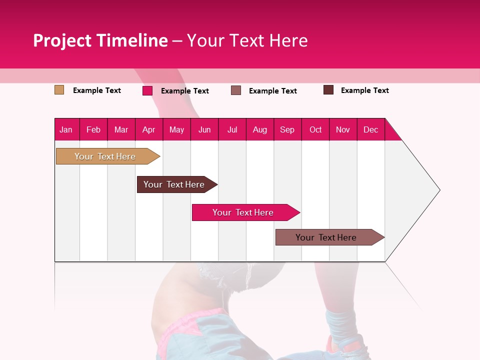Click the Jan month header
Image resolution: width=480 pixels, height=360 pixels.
click(x=66, y=129)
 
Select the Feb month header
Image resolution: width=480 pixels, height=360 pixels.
click(x=93, y=129)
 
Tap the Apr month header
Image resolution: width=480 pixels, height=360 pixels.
click(x=148, y=129)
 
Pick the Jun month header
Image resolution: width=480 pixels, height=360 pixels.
click(x=204, y=129)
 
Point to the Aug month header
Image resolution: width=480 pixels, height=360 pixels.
click(x=259, y=129)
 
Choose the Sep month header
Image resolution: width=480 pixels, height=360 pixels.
click(x=287, y=129)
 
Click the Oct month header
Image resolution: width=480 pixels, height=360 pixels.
click(x=315, y=129)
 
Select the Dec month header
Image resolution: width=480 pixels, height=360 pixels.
click(x=370, y=129)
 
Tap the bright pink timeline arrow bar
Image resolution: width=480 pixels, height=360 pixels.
click(x=243, y=212)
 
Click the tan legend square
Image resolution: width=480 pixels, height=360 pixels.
click(x=59, y=90)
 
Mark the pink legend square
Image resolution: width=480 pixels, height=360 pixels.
click(x=147, y=90)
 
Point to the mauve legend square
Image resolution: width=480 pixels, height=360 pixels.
click(x=236, y=90)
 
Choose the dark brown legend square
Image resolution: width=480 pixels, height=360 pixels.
click(x=328, y=90)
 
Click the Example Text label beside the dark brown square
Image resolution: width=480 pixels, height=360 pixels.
click(x=364, y=90)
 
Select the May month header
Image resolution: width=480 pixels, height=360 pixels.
click(x=176, y=129)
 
